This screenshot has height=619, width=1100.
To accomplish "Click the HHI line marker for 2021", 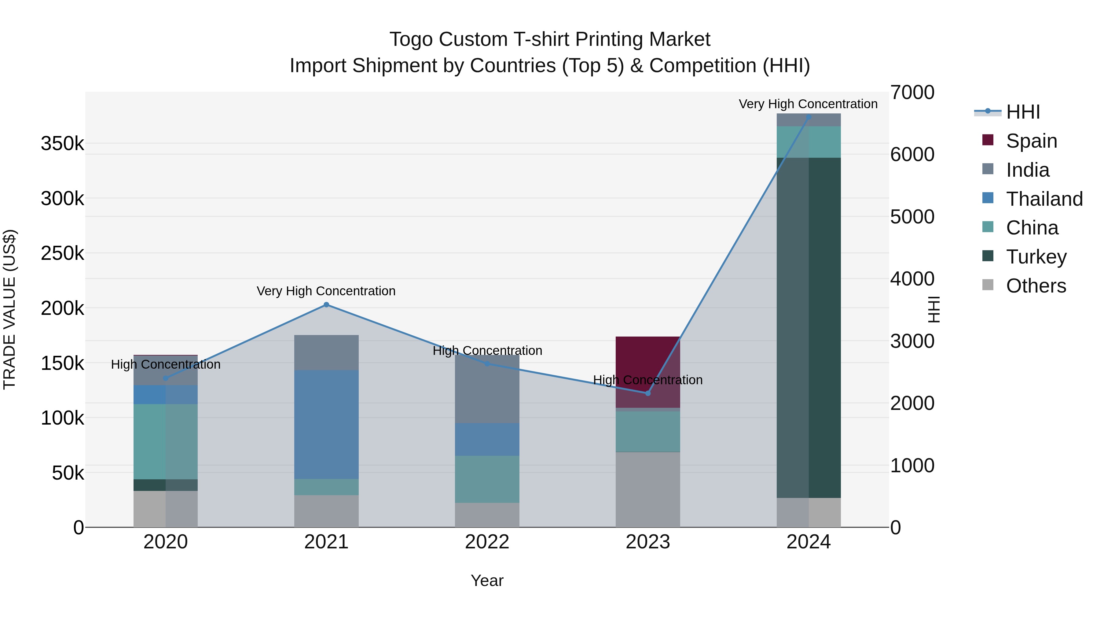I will coord(326,304).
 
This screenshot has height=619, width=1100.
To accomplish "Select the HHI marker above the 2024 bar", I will coord(808,117).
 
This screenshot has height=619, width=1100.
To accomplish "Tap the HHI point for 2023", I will coord(648,393).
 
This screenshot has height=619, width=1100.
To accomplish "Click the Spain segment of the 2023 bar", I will coord(648,363).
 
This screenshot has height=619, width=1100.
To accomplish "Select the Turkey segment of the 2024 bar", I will coord(808,328).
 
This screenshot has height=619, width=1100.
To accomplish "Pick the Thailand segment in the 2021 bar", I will coord(326,424).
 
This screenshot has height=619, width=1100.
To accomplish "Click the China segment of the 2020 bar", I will coord(166,441).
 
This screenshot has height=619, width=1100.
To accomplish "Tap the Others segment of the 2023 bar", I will coord(648,490).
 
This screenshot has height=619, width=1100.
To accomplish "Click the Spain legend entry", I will coord(1031,141).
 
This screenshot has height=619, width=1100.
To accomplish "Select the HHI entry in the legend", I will coord(1022,112).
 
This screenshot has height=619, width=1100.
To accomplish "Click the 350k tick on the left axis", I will coord(62,144).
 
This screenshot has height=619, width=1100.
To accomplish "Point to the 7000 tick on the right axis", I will coord(912,93).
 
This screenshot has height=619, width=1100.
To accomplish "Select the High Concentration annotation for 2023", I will coord(647,380).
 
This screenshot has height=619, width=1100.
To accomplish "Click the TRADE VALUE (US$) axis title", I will coord(9,309).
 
